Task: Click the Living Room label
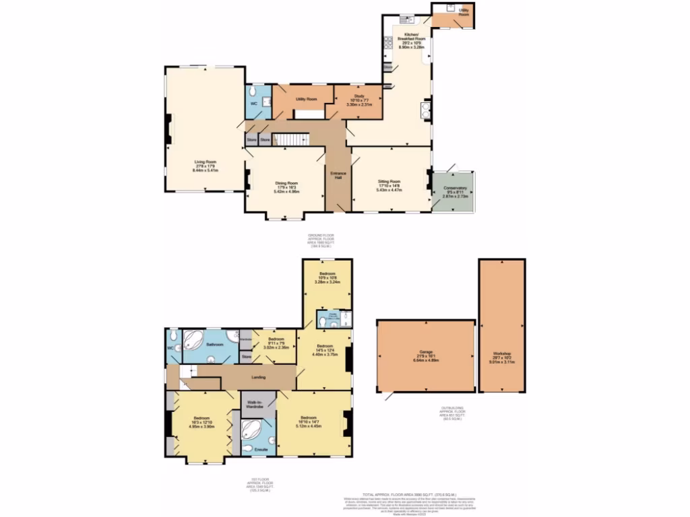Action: click(x=206, y=162)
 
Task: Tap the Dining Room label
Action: click(x=286, y=182)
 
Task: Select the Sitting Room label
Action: click(x=388, y=181)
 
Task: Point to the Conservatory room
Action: click(x=453, y=191)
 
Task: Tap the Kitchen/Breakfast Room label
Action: click(x=411, y=36)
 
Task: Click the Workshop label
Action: click(x=501, y=353)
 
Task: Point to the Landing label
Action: click(x=257, y=377)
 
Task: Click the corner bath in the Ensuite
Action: click(x=252, y=428)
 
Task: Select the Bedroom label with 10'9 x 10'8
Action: click(x=327, y=274)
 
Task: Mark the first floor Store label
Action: click(x=246, y=356)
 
